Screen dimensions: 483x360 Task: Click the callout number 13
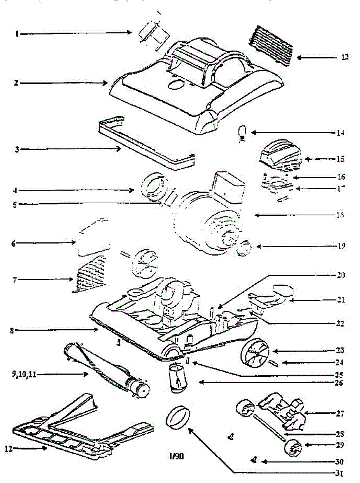(x=344, y=58)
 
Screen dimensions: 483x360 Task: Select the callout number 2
(x=16, y=83)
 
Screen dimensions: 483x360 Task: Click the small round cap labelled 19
(x=243, y=250)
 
